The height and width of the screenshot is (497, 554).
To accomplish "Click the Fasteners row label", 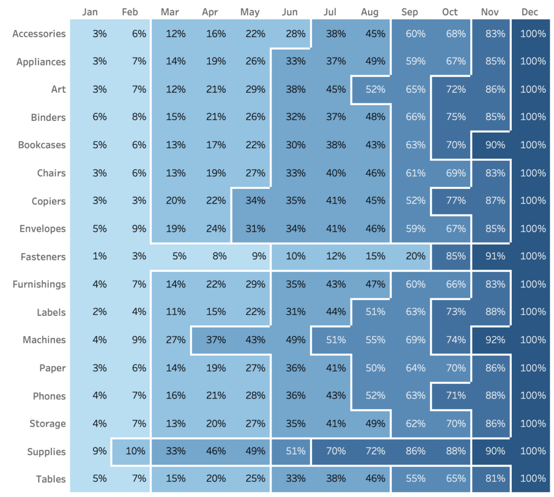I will (43, 257).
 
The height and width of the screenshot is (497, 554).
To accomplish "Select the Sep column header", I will (410, 12).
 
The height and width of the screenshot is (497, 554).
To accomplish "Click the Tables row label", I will (51, 479).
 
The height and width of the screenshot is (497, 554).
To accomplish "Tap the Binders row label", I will (48, 117).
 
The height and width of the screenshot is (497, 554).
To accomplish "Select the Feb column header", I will (130, 12).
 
